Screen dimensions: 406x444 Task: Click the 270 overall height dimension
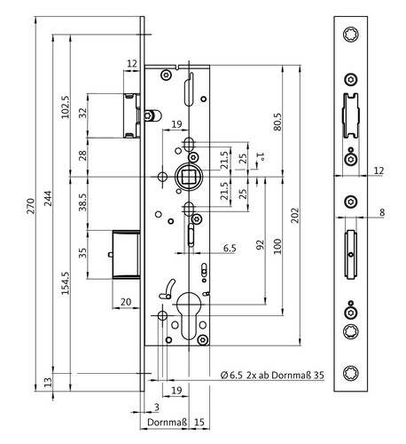(x=31, y=206)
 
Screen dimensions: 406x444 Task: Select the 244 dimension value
(x=48, y=198)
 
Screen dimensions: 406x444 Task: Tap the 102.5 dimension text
(x=66, y=107)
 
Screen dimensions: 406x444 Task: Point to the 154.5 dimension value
(x=66, y=283)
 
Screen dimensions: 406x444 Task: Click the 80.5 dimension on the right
(x=277, y=122)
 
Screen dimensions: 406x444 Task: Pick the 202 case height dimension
(x=295, y=216)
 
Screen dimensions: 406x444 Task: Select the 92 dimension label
(x=261, y=245)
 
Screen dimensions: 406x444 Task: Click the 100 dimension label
(x=277, y=246)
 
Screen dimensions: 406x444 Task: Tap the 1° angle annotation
(x=261, y=156)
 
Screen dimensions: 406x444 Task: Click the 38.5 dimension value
(x=83, y=202)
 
